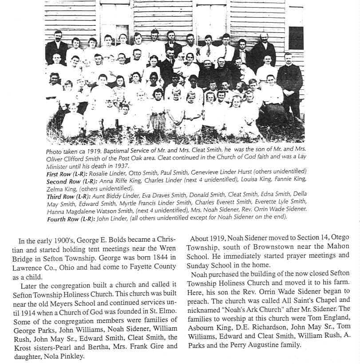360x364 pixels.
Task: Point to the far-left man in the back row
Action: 56,47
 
